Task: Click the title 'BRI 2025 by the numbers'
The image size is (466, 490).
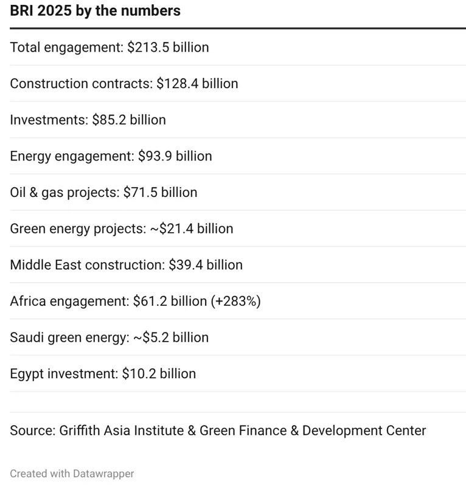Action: point(95,11)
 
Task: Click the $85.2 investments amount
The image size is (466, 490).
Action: point(109,120)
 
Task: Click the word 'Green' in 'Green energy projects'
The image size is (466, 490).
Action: point(27,229)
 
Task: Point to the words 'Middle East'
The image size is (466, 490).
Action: point(46,265)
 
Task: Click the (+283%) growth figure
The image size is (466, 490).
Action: point(235,302)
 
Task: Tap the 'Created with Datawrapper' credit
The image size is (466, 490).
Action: point(72,473)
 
